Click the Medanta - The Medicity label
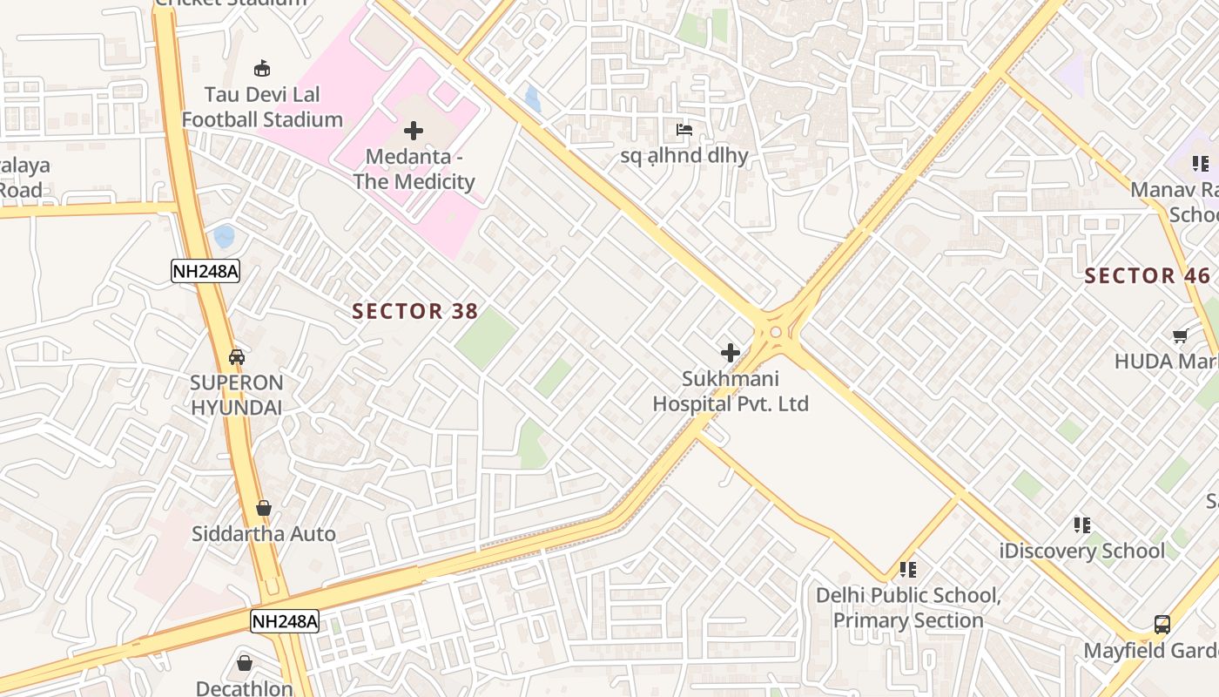click(414, 169)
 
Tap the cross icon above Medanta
click(414, 131)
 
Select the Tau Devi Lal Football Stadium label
click(261, 107)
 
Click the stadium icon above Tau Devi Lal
click(261, 68)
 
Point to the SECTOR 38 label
click(409, 311)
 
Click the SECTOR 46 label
click(1147, 276)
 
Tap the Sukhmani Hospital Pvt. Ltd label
click(731, 391)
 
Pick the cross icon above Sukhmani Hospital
click(731, 353)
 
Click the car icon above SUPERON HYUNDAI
click(237, 357)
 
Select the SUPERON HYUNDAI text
click(237, 395)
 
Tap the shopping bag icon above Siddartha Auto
click(263, 508)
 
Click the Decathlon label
click(244, 688)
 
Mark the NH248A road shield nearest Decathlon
click(285, 621)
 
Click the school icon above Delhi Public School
click(908, 570)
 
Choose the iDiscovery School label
click(1082, 551)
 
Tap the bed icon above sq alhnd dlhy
click(684, 131)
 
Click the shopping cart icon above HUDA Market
click(1181, 335)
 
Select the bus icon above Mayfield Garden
click(1162, 624)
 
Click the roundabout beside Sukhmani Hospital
click(775, 332)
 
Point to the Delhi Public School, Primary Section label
click(908, 608)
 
